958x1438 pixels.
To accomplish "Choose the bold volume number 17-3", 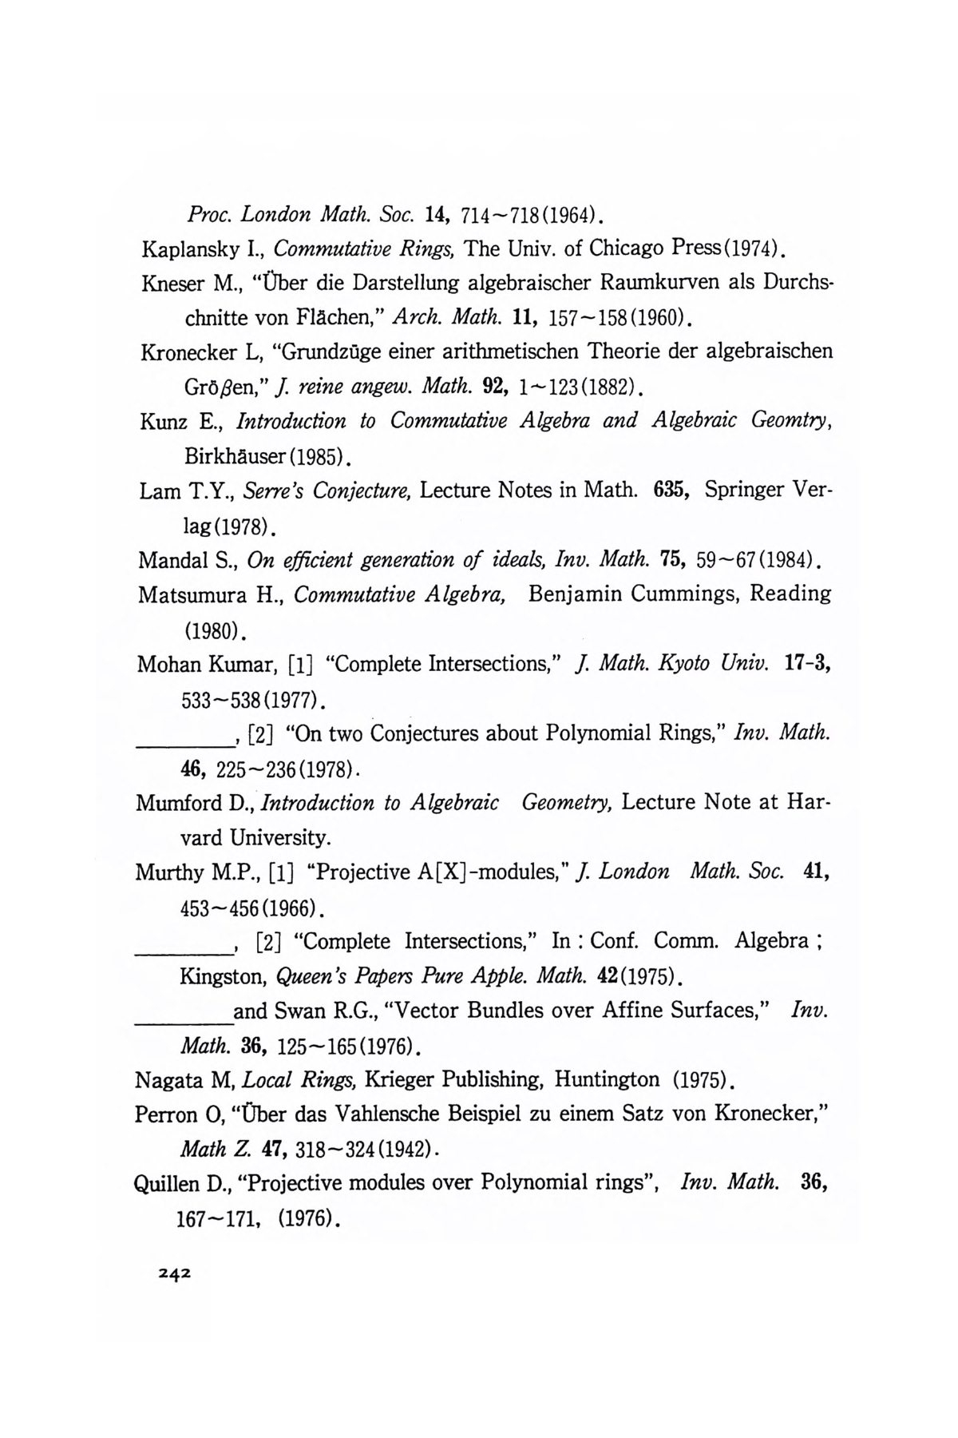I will (x=806, y=664).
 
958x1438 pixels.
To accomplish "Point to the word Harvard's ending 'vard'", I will (x=199, y=838).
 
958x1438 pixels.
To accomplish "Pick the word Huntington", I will (x=608, y=1080).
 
